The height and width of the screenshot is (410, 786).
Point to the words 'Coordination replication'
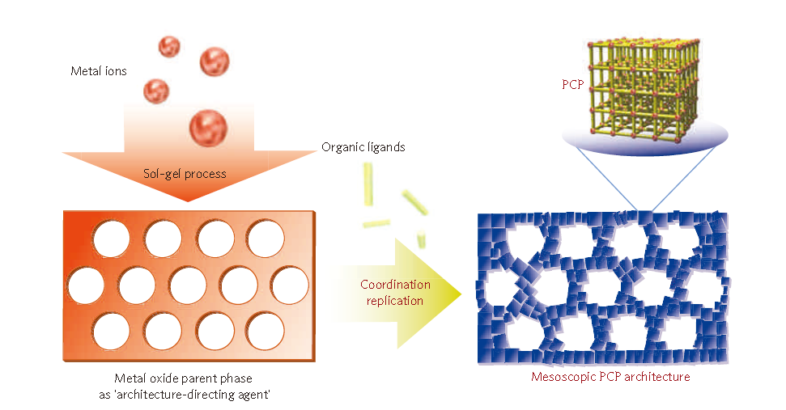[x=396, y=292]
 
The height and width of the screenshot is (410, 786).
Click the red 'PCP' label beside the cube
[x=572, y=83]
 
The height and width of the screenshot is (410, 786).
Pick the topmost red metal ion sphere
[x=169, y=45]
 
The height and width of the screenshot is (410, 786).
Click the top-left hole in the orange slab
[x=111, y=237]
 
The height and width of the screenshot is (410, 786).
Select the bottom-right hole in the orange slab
[x=266, y=329]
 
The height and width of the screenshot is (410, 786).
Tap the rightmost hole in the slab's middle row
[x=290, y=285]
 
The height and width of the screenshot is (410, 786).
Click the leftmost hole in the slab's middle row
[x=86, y=285]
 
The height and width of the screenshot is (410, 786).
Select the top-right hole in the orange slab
[x=266, y=237]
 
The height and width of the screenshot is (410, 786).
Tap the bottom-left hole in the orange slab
[x=111, y=329]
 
